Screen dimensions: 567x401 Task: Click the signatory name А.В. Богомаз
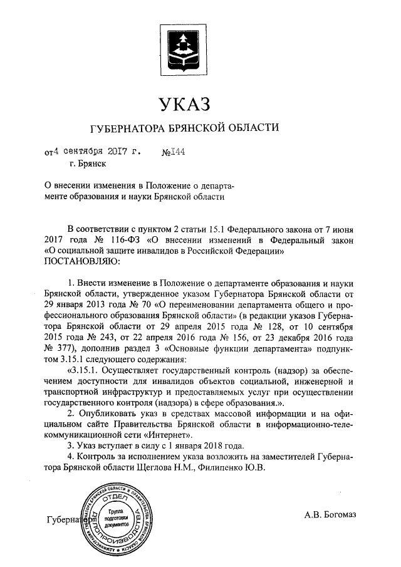330,515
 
